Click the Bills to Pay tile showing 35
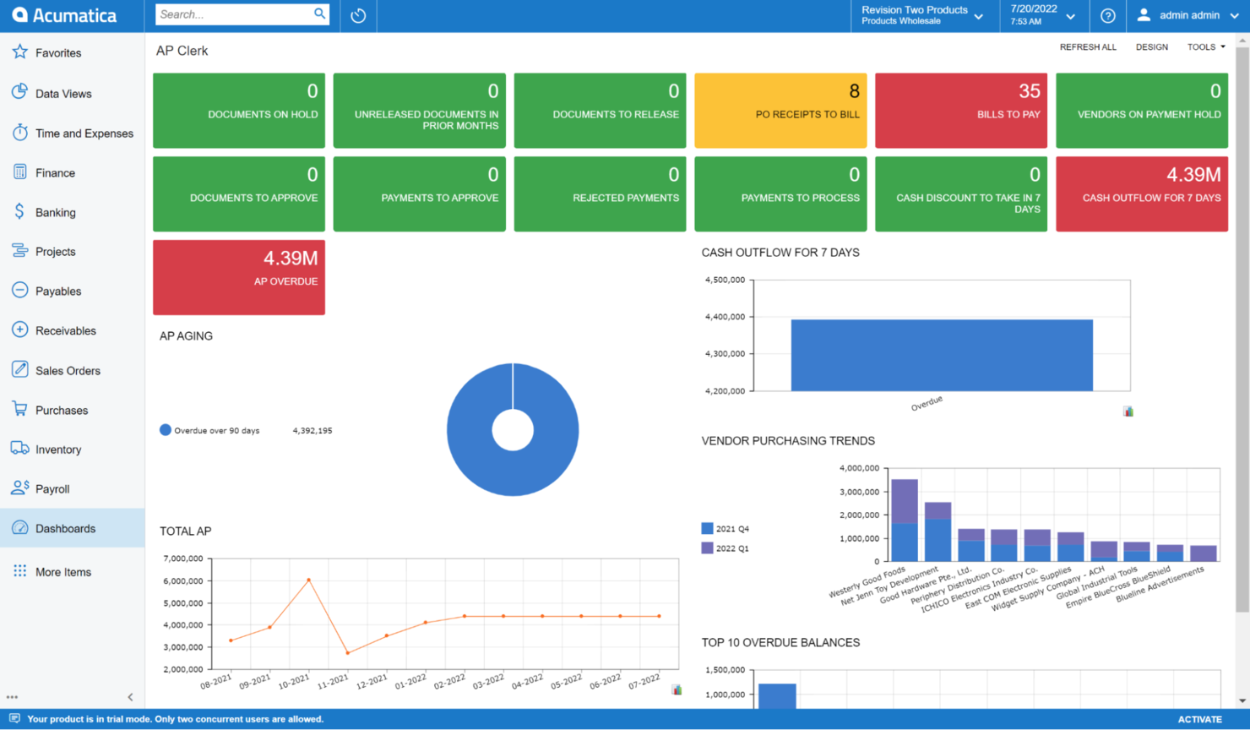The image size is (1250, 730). pyautogui.click(x=960, y=111)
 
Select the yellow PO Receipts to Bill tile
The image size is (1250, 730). pyautogui.click(x=780, y=111)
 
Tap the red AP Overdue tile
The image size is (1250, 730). pyautogui.click(x=238, y=277)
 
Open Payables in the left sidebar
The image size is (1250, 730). pyautogui.click(x=58, y=291)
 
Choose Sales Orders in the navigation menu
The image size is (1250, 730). pyautogui.click(x=68, y=371)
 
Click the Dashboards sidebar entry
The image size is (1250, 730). pyautogui.click(x=65, y=529)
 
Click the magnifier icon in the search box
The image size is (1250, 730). pyautogui.click(x=319, y=14)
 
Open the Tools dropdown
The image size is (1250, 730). pyautogui.click(x=1205, y=47)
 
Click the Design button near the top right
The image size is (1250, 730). pyautogui.click(x=1151, y=47)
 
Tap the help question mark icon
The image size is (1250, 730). pyautogui.click(x=1107, y=16)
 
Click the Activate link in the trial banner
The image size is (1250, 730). pyautogui.click(x=1199, y=720)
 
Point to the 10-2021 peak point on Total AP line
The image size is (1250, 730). pyautogui.click(x=309, y=580)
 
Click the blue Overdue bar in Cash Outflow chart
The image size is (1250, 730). pyautogui.click(x=941, y=355)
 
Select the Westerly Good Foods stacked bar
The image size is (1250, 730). pyautogui.click(x=905, y=520)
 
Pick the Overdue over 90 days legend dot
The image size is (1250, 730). pyautogui.click(x=166, y=430)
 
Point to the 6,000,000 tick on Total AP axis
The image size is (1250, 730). pyautogui.click(x=182, y=581)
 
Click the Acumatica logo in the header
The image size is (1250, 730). pyautogui.click(x=64, y=15)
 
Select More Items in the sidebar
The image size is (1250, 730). pyautogui.click(x=62, y=572)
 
